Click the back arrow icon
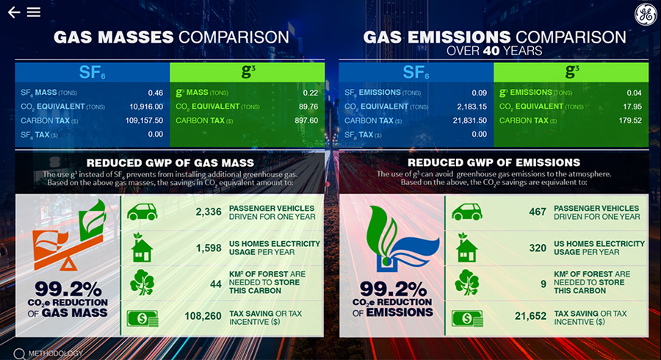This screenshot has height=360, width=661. point(14,12)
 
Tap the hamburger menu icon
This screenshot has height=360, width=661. point(34,12)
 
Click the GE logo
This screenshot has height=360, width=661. point(646,15)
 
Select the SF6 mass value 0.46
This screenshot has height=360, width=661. point(156,93)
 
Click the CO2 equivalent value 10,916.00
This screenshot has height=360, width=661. point(146,107)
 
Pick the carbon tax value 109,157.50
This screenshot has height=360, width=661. point(144,120)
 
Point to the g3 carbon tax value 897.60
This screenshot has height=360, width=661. point(306,120)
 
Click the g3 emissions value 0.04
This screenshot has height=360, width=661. point(634,93)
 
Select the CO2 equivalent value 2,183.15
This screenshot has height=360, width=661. point(472,107)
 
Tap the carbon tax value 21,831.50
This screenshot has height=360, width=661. point(470,120)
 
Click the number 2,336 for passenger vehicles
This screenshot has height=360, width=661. point(209,212)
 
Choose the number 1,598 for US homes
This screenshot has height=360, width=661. point(209,248)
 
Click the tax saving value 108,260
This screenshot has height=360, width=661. point(203,316)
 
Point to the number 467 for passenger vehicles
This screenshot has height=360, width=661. point(538,212)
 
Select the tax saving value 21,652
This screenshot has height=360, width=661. point(530,316)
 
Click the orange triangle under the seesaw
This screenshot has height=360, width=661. point(68,264)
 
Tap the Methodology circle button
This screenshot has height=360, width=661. point(19,354)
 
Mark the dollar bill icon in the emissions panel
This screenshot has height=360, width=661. point(467,318)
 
